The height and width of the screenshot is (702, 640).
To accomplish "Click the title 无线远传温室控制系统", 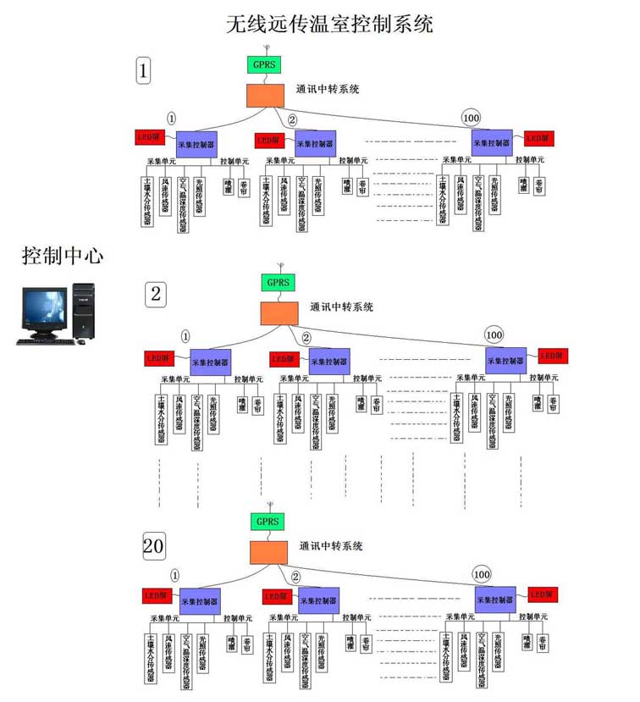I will (x=330, y=24).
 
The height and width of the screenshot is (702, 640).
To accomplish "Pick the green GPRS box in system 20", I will (x=267, y=521).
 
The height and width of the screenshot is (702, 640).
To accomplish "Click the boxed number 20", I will (x=153, y=548).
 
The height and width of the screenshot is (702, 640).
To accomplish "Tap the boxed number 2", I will (x=157, y=293).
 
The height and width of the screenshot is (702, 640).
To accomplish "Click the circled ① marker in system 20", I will (x=175, y=574).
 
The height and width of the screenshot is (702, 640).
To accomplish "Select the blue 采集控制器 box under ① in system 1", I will (x=196, y=142).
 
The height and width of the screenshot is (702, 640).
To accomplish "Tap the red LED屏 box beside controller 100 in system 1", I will (x=538, y=138).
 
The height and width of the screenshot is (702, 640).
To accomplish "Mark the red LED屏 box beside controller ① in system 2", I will (x=161, y=358).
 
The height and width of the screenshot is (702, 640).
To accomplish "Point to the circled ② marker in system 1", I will (x=293, y=119).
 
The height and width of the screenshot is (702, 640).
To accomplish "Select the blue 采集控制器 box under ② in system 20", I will (x=318, y=600).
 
